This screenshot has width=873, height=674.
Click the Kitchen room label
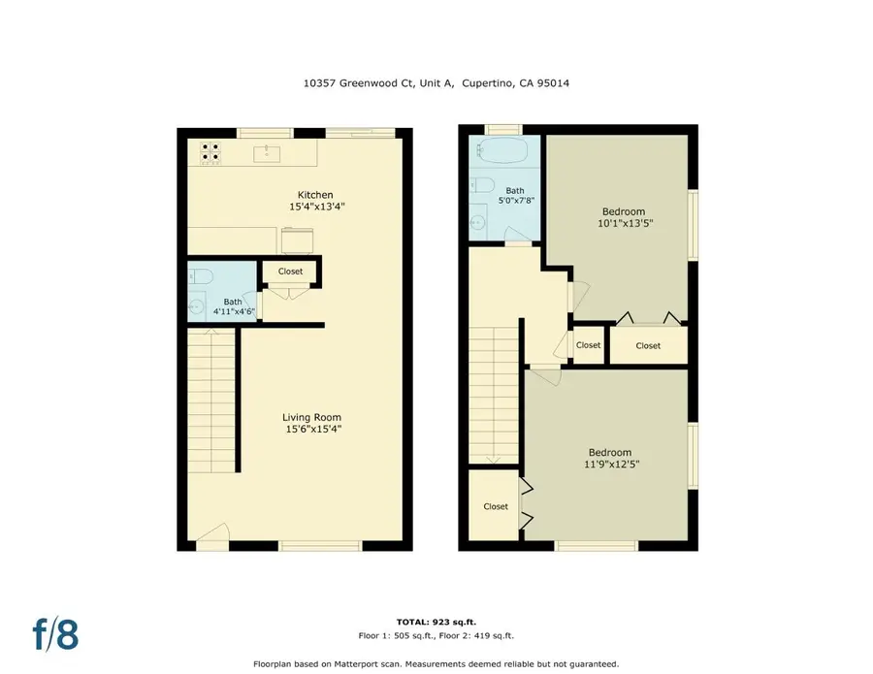(316, 195)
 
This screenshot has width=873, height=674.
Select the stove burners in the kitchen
(210, 151)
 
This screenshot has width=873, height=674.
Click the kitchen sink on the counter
(267, 152)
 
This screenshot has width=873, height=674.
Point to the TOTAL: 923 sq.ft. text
(436, 622)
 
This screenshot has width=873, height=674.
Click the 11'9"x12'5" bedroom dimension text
(610, 465)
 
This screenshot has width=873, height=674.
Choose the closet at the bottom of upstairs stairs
(496, 506)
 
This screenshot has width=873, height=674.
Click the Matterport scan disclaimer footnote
(436, 664)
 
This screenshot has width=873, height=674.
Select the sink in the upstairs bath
(478, 223)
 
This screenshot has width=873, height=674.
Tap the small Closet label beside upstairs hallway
(588, 345)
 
